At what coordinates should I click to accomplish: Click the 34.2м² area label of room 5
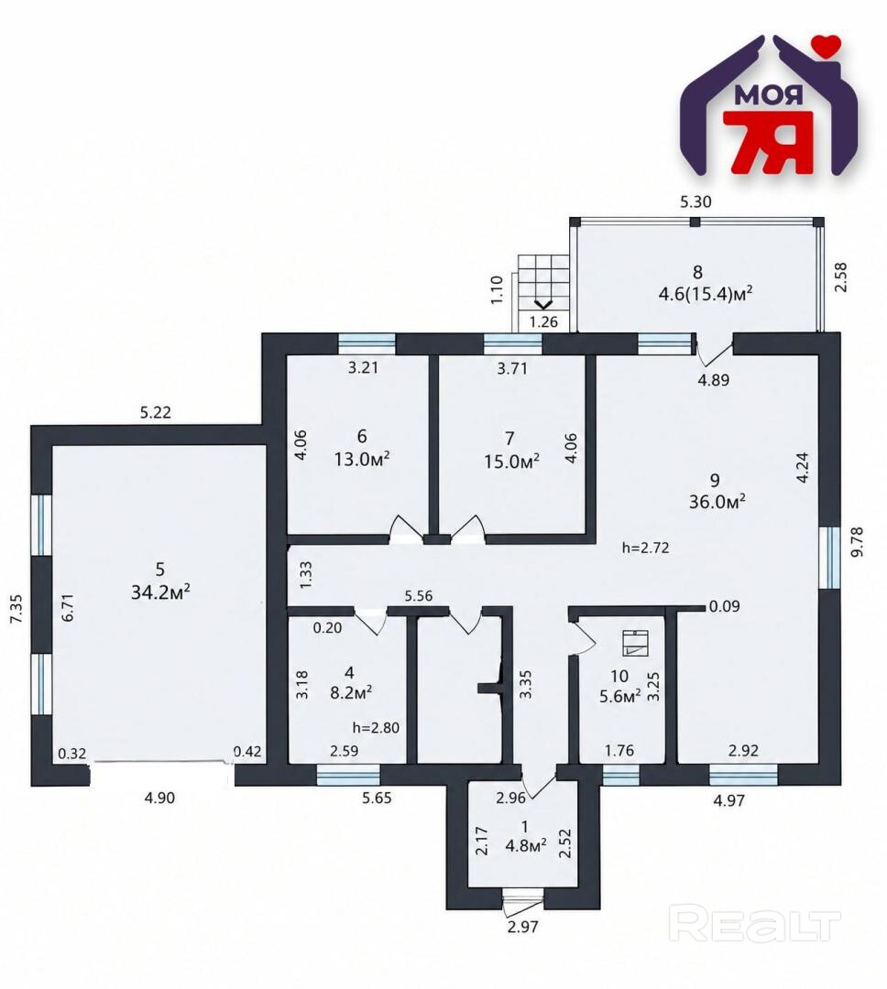pos(160,592)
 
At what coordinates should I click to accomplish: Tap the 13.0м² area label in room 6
pos(362,459)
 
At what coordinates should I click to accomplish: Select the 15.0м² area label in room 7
pos(511,461)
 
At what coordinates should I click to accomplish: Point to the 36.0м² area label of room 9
pos(717,502)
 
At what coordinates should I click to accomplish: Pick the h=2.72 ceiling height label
pos(645,549)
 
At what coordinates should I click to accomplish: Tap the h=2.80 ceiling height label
pos(376,727)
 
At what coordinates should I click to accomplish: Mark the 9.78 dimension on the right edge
pos(857,542)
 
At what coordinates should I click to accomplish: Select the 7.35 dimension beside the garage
pos(17,609)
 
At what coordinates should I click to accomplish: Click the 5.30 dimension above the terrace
pos(695,201)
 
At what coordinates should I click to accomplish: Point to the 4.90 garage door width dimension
pos(159,798)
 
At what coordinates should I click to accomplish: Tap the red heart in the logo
pos(827,44)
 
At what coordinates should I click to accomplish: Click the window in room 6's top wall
pos(367,343)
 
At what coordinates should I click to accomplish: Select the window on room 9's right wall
pos(830,557)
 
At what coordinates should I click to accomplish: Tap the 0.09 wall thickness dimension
pos(724,607)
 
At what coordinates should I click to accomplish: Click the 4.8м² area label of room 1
pos(526,846)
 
